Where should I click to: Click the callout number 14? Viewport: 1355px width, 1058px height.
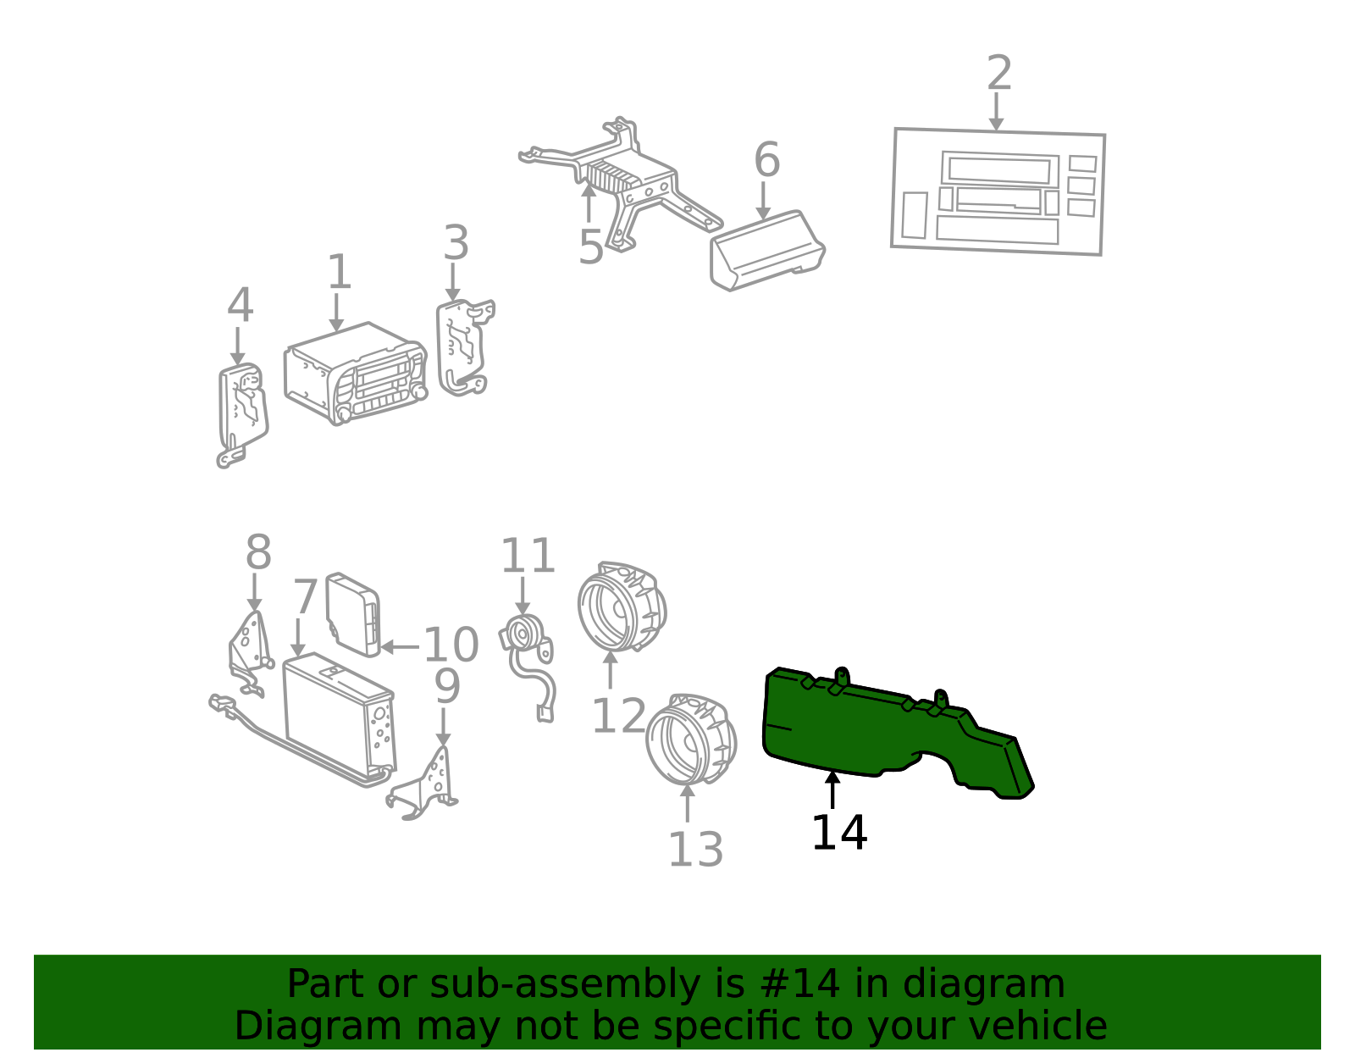click(x=838, y=833)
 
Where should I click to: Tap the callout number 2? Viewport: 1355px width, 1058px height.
click(x=999, y=72)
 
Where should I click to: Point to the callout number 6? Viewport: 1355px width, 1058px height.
click(x=766, y=159)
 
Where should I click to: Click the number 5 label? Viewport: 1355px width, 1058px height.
click(x=590, y=246)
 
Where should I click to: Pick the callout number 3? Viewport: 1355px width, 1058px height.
click(x=456, y=242)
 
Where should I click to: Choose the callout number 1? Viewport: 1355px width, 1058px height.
click(x=340, y=271)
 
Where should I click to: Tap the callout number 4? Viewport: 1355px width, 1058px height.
click(x=240, y=305)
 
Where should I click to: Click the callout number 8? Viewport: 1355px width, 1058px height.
click(x=258, y=551)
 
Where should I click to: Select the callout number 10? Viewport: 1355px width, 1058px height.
click(x=451, y=645)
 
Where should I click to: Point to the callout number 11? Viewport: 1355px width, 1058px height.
click(x=528, y=556)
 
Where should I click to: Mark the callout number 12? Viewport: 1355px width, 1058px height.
click(x=618, y=716)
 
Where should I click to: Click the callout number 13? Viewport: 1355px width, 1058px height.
click(x=695, y=849)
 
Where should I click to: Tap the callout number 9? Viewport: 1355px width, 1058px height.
click(x=446, y=686)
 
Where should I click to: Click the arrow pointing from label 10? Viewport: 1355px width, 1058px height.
click(x=400, y=647)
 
